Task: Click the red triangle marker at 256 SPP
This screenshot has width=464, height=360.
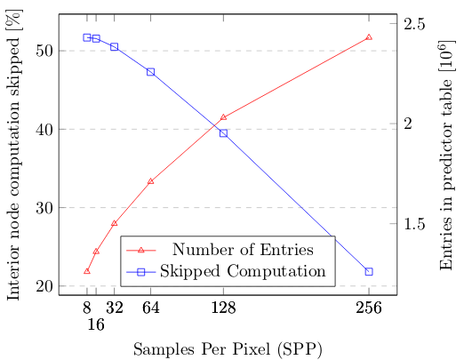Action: tap(369, 37)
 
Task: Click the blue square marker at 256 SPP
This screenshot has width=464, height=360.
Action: tap(369, 271)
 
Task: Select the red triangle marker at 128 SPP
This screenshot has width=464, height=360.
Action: tap(223, 117)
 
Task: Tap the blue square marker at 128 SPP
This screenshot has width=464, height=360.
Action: tap(223, 133)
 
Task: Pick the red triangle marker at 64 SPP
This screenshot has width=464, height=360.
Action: tap(150, 181)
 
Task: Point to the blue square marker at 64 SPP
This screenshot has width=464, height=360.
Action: tap(150, 72)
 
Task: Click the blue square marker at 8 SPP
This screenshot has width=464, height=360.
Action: tap(87, 37)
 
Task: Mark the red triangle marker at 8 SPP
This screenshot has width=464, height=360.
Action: tap(87, 271)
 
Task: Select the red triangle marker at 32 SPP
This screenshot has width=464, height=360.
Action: tap(114, 223)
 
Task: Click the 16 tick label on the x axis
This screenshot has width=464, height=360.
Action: tap(96, 325)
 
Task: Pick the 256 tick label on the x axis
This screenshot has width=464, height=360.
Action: tap(369, 308)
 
